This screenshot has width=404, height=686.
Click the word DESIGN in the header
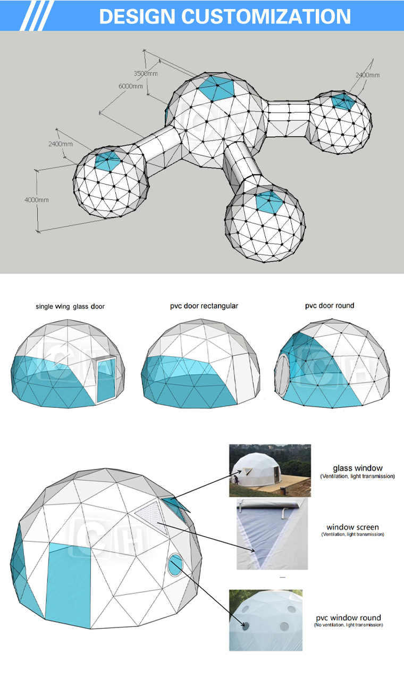pyautogui.click(x=138, y=16)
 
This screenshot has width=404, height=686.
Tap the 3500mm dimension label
pyautogui.click(x=145, y=73)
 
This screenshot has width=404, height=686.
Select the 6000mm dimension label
pyautogui.click(x=130, y=86)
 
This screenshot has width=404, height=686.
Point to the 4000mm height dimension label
pyautogui.click(x=36, y=200)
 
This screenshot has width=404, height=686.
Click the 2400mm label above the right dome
pyautogui.click(x=367, y=75)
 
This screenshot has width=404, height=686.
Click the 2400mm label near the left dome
pyautogui.click(x=60, y=144)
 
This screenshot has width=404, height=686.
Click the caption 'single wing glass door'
pyautogui.click(x=70, y=306)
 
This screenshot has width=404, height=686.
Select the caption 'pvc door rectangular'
pyautogui.click(x=204, y=306)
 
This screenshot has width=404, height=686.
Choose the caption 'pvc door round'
pyautogui.click(x=329, y=306)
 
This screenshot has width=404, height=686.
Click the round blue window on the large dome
pyautogui.click(x=174, y=565)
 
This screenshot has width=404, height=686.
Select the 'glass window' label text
pyautogui.click(x=357, y=468)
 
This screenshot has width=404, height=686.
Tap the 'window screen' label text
pyautogui.click(x=352, y=527)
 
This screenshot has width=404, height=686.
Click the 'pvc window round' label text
pyautogui.click(x=348, y=617)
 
